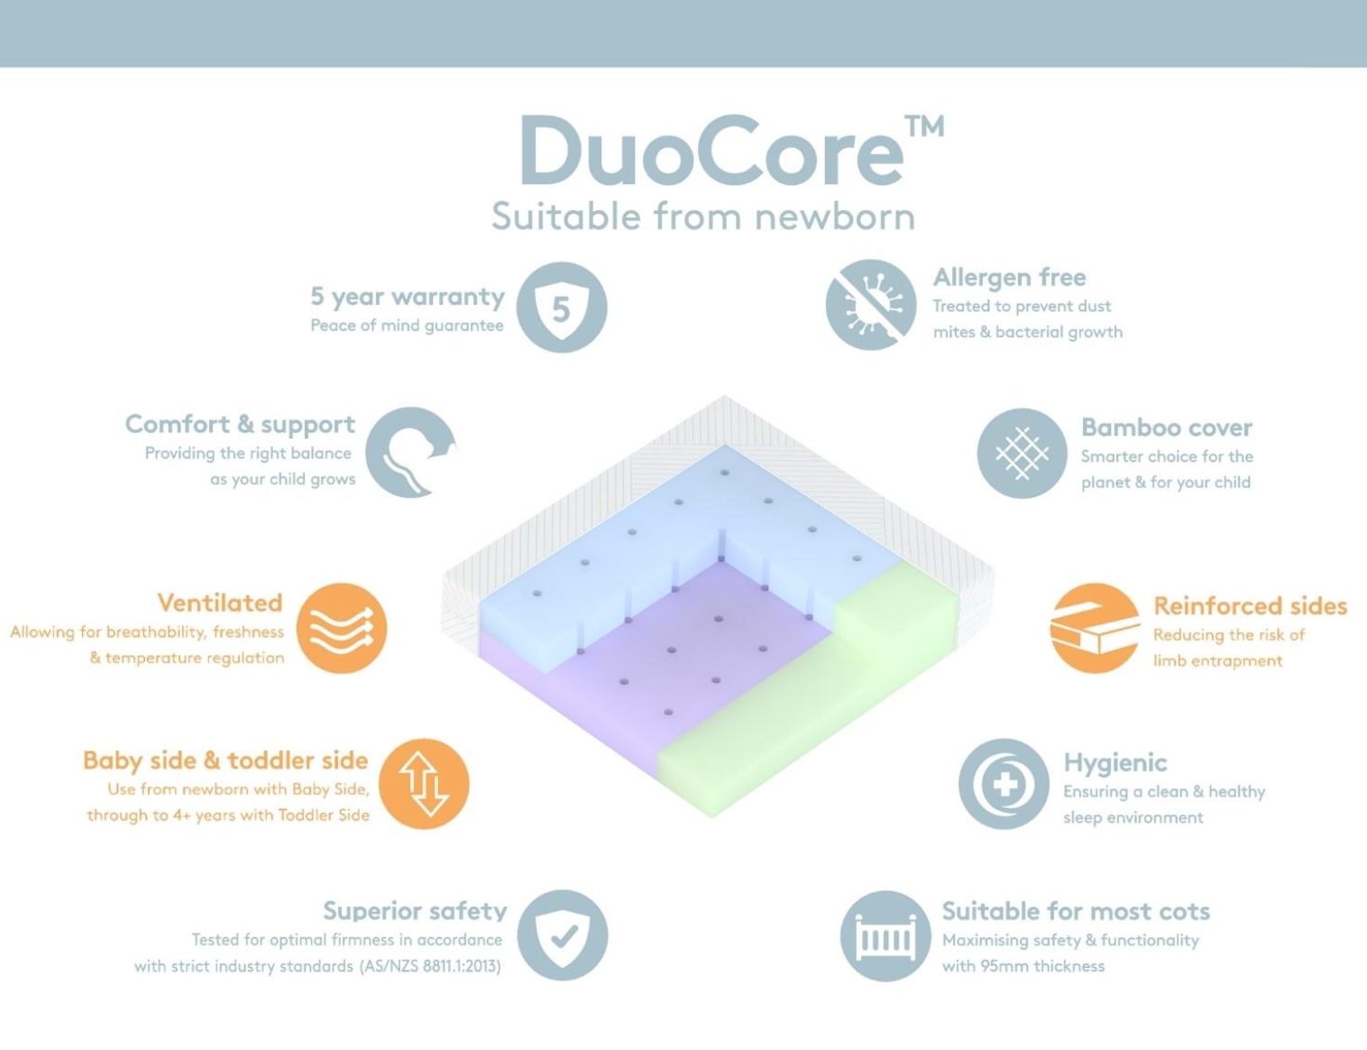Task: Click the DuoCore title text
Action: (x=711, y=151)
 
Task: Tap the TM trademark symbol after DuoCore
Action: (x=924, y=125)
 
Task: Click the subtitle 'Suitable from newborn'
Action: (x=702, y=216)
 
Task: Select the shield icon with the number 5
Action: (x=561, y=307)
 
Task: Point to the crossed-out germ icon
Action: (x=871, y=305)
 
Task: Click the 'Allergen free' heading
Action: (x=1009, y=277)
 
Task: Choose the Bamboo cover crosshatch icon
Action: (x=1022, y=453)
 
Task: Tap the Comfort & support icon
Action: (x=411, y=452)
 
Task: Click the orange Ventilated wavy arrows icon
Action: (x=342, y=628)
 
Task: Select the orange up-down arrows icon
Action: (x=424, y=783)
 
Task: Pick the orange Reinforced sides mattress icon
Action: (x=1096, y=628)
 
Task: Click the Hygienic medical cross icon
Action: (x=1004, y=784)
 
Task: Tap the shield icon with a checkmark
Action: (x=563, y=935)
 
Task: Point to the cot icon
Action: (x=885, y=936)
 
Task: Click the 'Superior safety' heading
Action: (x=415, y=911)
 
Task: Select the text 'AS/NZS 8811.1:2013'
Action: (x=430, y=966)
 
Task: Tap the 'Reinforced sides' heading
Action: (x=1250, y=605)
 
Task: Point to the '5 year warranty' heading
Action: (x=407, y=296)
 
